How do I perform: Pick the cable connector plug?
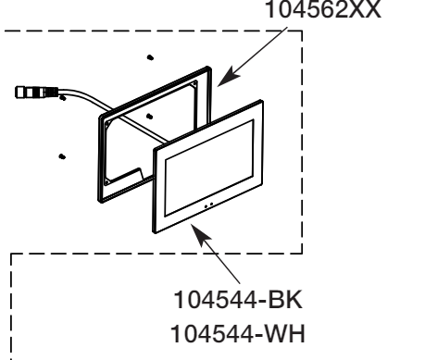[36, 93]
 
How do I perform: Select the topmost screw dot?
[150, 56]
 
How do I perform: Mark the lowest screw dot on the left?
[61, 156]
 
